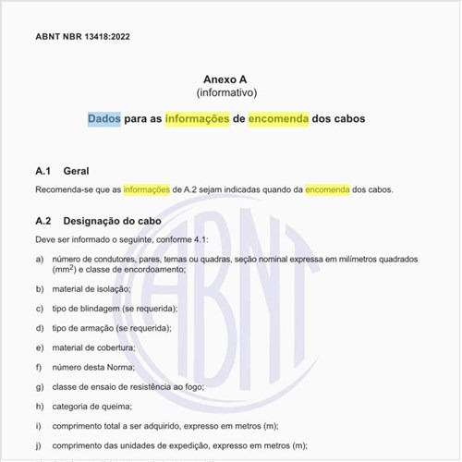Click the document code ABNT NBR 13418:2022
(84, 37)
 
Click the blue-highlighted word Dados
(104, 119)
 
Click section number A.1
(43, 172)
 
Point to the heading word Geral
(76, 172)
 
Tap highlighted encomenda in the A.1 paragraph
(328, 189)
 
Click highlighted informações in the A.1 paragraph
(147, 189)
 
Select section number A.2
(43, 222)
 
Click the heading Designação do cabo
(112, 222)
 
